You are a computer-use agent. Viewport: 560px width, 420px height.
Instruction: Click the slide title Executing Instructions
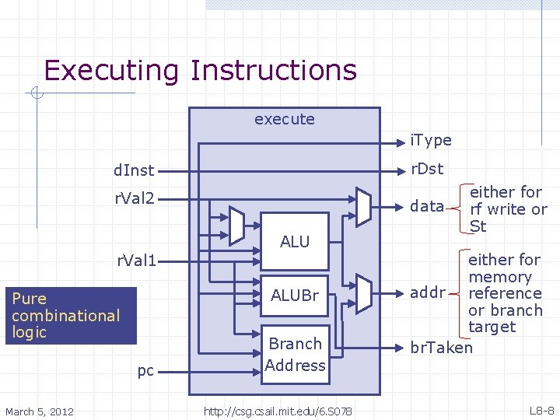(200, 70)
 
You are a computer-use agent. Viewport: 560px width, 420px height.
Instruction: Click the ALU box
(295, 242)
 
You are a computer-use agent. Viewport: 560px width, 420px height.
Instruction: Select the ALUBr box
(295, 295)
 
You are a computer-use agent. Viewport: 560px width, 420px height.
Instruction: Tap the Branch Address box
(295, 354)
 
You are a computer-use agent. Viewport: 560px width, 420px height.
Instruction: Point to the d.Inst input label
(134, 170)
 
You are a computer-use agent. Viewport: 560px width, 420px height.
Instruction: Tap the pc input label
(145, 370)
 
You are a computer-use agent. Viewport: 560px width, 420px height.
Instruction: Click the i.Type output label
(430, 140)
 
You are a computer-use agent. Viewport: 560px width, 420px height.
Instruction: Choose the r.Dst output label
(427, 169)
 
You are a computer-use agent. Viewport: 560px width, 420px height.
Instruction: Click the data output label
(427, 206)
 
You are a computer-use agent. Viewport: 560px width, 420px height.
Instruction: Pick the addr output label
(428, 293)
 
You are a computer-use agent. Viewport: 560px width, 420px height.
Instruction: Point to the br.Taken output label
(441, 348)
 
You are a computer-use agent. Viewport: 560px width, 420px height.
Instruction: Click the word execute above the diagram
(285, 119)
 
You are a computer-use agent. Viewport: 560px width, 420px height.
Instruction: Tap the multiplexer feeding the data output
(363, 206)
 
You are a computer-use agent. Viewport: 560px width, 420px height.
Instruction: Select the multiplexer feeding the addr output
(363, 293)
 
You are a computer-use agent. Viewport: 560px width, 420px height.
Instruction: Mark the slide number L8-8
(541, 410)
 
